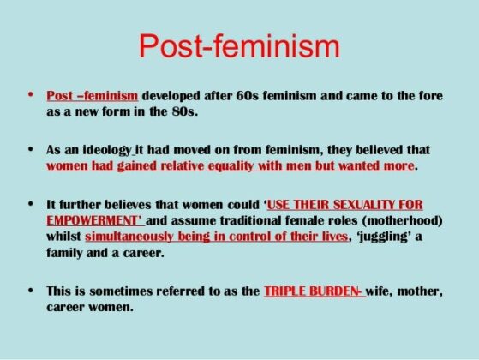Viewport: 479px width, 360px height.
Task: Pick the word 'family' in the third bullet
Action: [x=66, y=252]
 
